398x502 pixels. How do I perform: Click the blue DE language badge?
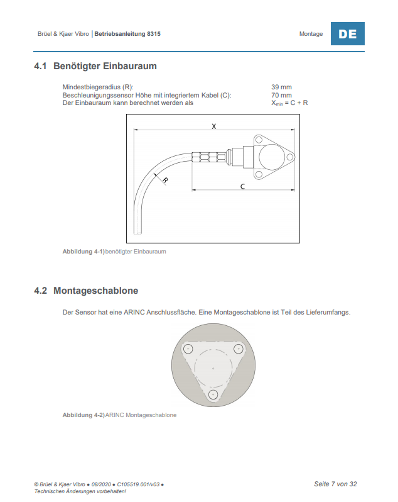(x=347, y=34)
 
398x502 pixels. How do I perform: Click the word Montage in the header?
(x=311, y=34)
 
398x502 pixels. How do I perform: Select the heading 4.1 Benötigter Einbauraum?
(x=95, y=66)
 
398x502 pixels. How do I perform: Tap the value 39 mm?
(x=281, y=87)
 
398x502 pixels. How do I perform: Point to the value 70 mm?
(x=281, y=95)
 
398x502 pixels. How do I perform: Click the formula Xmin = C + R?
(x=289, y=103)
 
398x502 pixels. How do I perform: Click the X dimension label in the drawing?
(x=214, y=126)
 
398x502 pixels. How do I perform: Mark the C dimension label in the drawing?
(x=242, y=187)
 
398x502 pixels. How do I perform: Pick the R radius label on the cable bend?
(x=165, y=180)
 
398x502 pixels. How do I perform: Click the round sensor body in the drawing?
(x=271, y=154)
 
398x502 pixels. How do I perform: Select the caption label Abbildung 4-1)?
(x=83, y=252)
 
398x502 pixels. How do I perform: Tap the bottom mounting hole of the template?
(x=213, y=394)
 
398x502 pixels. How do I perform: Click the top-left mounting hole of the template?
(x=188, y=349)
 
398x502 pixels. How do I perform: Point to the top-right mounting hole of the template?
(x=239, y=349)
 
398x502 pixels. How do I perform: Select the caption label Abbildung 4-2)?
(x=83, y=415)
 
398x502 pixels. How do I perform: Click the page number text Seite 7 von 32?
(x=335, y=484)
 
